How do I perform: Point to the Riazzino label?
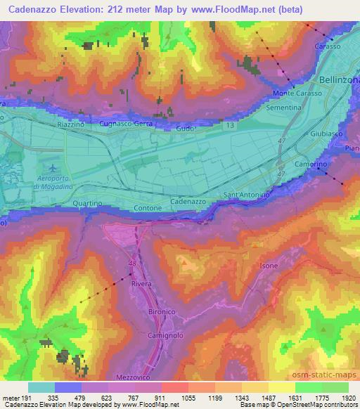(x=70, y=124)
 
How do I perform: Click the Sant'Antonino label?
(x=246, y=193)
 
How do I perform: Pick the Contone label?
(x=148, y=208)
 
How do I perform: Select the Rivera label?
(x=141, y=285)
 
